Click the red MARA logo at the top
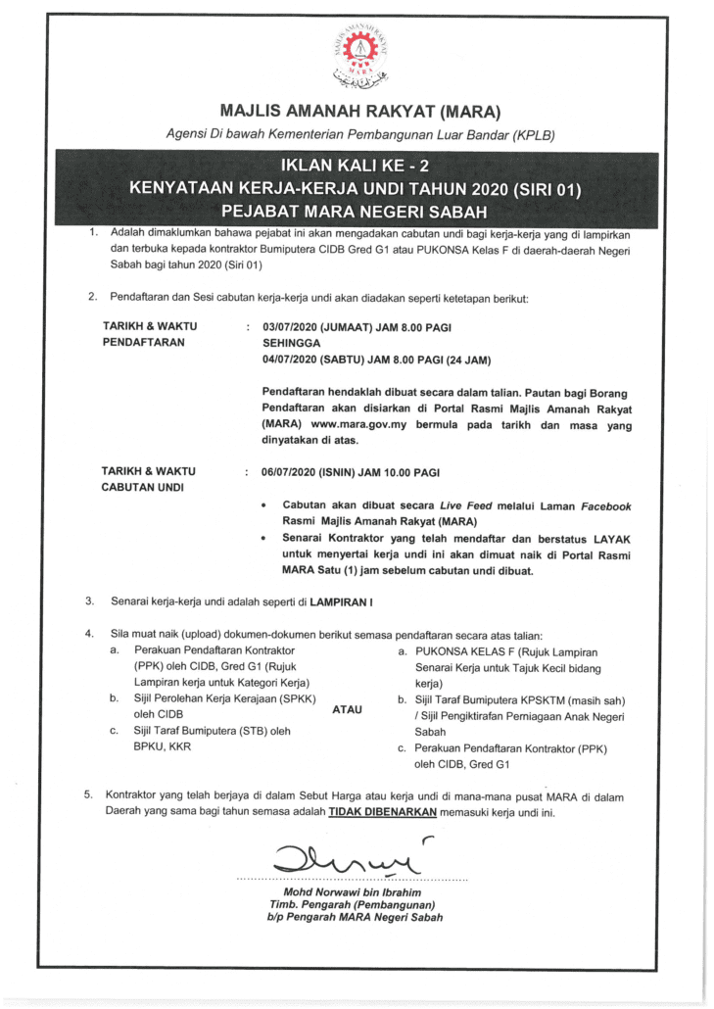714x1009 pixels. pos(357,53)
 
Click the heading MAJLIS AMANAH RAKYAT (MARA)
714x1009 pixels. pos(357,112)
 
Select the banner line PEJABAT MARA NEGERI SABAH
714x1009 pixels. pos(356,210)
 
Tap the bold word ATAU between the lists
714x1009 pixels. pos(348,709)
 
